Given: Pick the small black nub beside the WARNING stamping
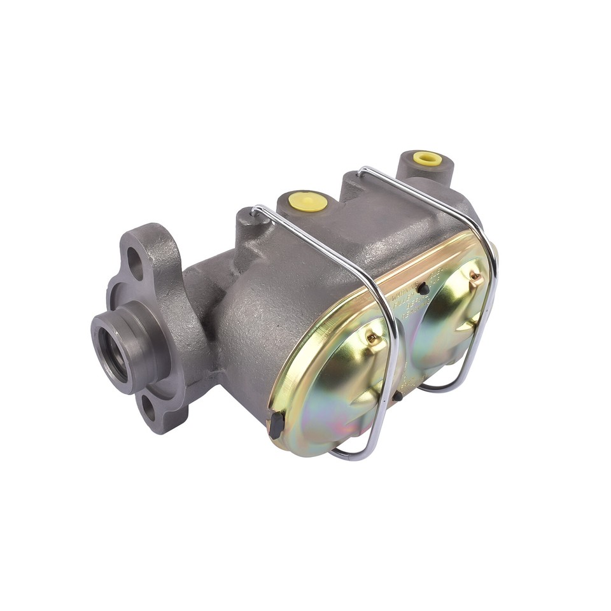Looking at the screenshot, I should [422, 289].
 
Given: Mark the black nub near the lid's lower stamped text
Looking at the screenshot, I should [397, 396].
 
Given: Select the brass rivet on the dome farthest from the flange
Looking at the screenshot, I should [473, 277].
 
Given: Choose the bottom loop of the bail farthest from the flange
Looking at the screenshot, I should [446, 386].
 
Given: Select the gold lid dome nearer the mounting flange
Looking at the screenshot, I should [344, 388].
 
